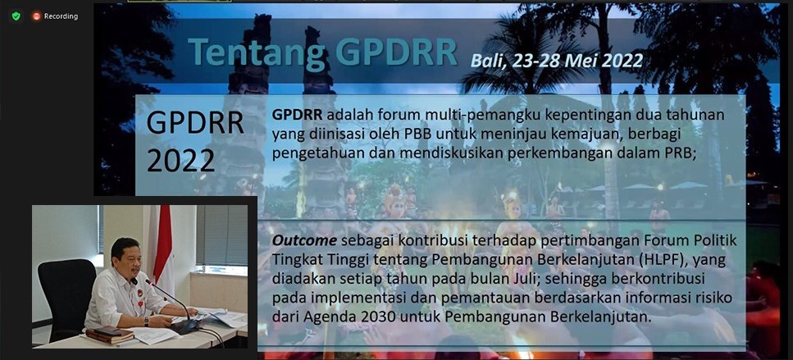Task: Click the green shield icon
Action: tap(16, 16)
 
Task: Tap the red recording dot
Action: tap(36, 16)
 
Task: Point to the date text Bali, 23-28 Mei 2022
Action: tap(557, 61)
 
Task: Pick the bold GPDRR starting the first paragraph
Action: tap(297, 115)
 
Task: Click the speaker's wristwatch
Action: tap(146, 321)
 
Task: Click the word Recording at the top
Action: tap(61, 16)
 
